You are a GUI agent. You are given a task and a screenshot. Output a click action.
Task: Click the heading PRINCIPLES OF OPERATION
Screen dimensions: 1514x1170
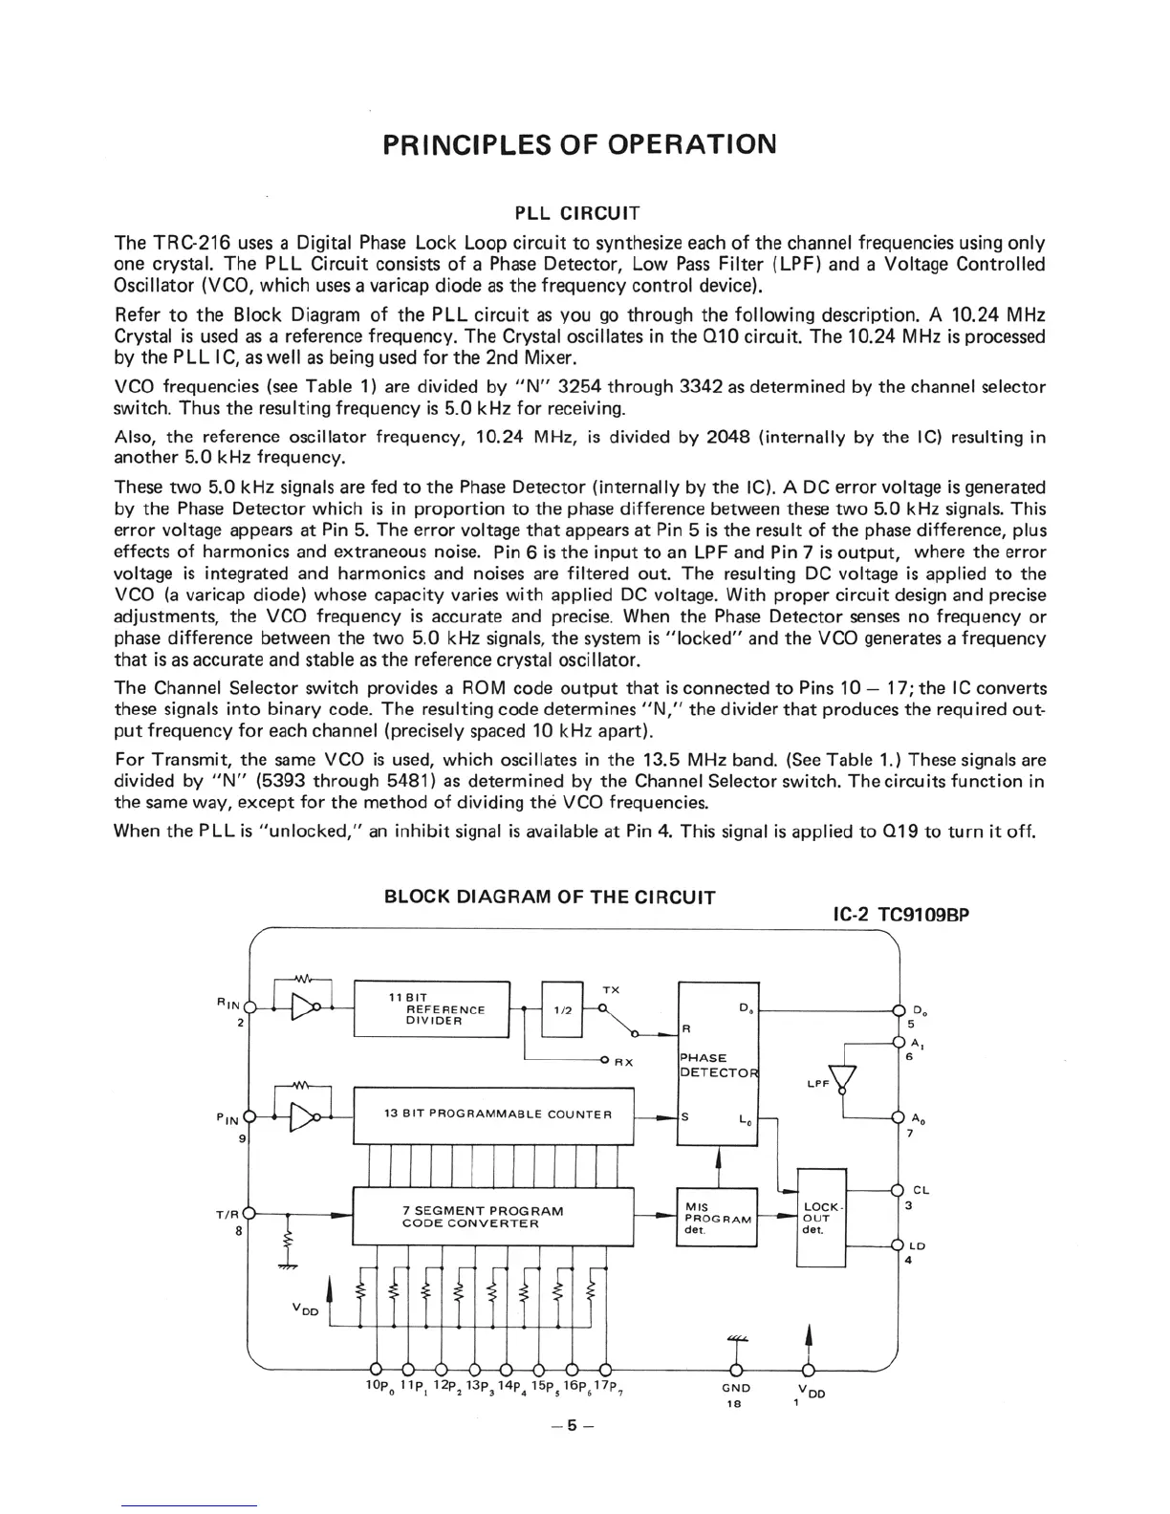(579, 144)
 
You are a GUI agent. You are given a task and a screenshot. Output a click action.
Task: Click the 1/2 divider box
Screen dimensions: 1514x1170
(561, 1008)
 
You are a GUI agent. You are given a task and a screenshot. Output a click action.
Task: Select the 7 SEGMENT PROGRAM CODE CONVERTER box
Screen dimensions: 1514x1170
(493, 1217)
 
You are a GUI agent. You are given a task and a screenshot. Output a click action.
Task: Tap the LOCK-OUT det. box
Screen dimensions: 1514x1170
(820, 1218)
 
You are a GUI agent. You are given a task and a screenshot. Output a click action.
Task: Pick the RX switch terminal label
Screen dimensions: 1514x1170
(621, 1062)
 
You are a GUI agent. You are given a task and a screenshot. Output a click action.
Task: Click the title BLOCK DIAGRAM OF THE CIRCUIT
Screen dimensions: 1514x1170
(549, 898)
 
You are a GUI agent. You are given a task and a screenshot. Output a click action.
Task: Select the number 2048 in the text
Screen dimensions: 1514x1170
(729, 437)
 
